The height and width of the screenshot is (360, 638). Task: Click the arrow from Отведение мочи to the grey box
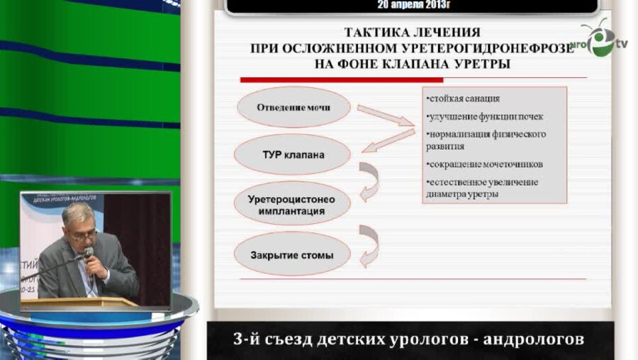[385, 116]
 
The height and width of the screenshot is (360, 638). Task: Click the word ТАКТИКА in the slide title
[376, 33]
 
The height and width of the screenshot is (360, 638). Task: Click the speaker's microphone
[88, 254]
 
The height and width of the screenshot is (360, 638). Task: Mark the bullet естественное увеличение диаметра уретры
[482, 188]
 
